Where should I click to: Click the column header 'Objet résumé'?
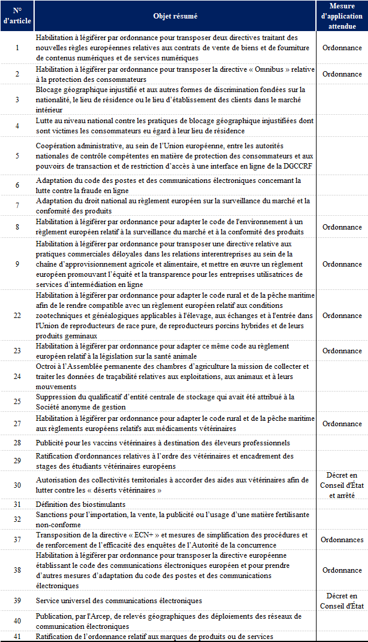click(175, 16)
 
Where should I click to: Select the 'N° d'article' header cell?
click(17, 16)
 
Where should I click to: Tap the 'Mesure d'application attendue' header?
click(342, 16)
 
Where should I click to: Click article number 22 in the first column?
click(17, 315)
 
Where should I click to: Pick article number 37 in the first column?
click(17, 540)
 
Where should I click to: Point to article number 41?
click(17, 637)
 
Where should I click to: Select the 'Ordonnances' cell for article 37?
click(342, 540)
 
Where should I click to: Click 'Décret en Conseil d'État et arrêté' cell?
click(342, 485)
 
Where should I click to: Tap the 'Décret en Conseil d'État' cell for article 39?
click(342, 600)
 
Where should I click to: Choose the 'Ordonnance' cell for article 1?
click(342, 47)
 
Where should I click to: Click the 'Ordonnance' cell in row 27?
click(342, 424)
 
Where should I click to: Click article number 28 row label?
click(17, 443)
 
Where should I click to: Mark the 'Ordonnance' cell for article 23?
click(342, 351)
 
